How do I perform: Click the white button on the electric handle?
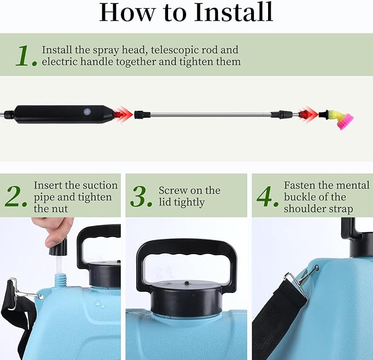tap(86, 111)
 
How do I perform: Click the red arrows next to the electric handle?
tap(123, 114)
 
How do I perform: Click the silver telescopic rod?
tap(214, 115)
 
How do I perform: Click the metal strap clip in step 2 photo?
tap(21, 289)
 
